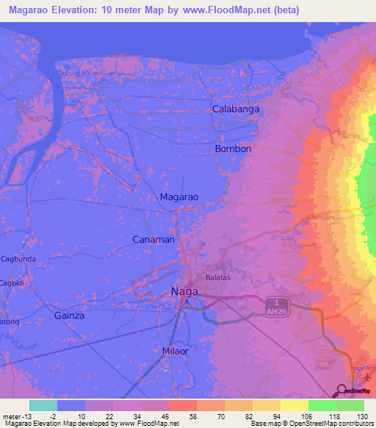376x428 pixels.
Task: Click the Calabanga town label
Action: coord(236,109)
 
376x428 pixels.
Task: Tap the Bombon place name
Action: coord(233,149)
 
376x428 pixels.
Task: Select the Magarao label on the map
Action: coord(179,197)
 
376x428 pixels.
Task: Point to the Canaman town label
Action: coord(153,240)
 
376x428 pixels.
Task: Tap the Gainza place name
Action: coord(70,315)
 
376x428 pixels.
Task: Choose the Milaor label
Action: coord(176,352)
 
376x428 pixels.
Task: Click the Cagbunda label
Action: coord(18,259)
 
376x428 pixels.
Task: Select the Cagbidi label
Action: coord(12,284)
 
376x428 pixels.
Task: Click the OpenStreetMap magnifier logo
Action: coord(341,391)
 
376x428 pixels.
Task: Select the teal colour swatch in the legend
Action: coord(43,405)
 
